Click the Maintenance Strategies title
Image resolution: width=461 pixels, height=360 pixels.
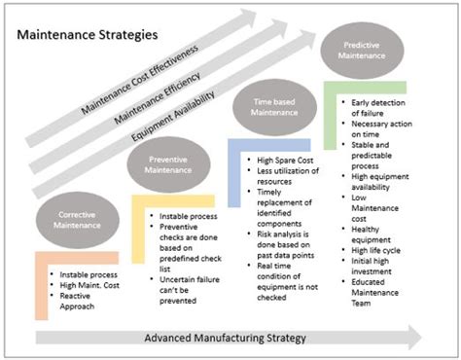click(x=86, y=35)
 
